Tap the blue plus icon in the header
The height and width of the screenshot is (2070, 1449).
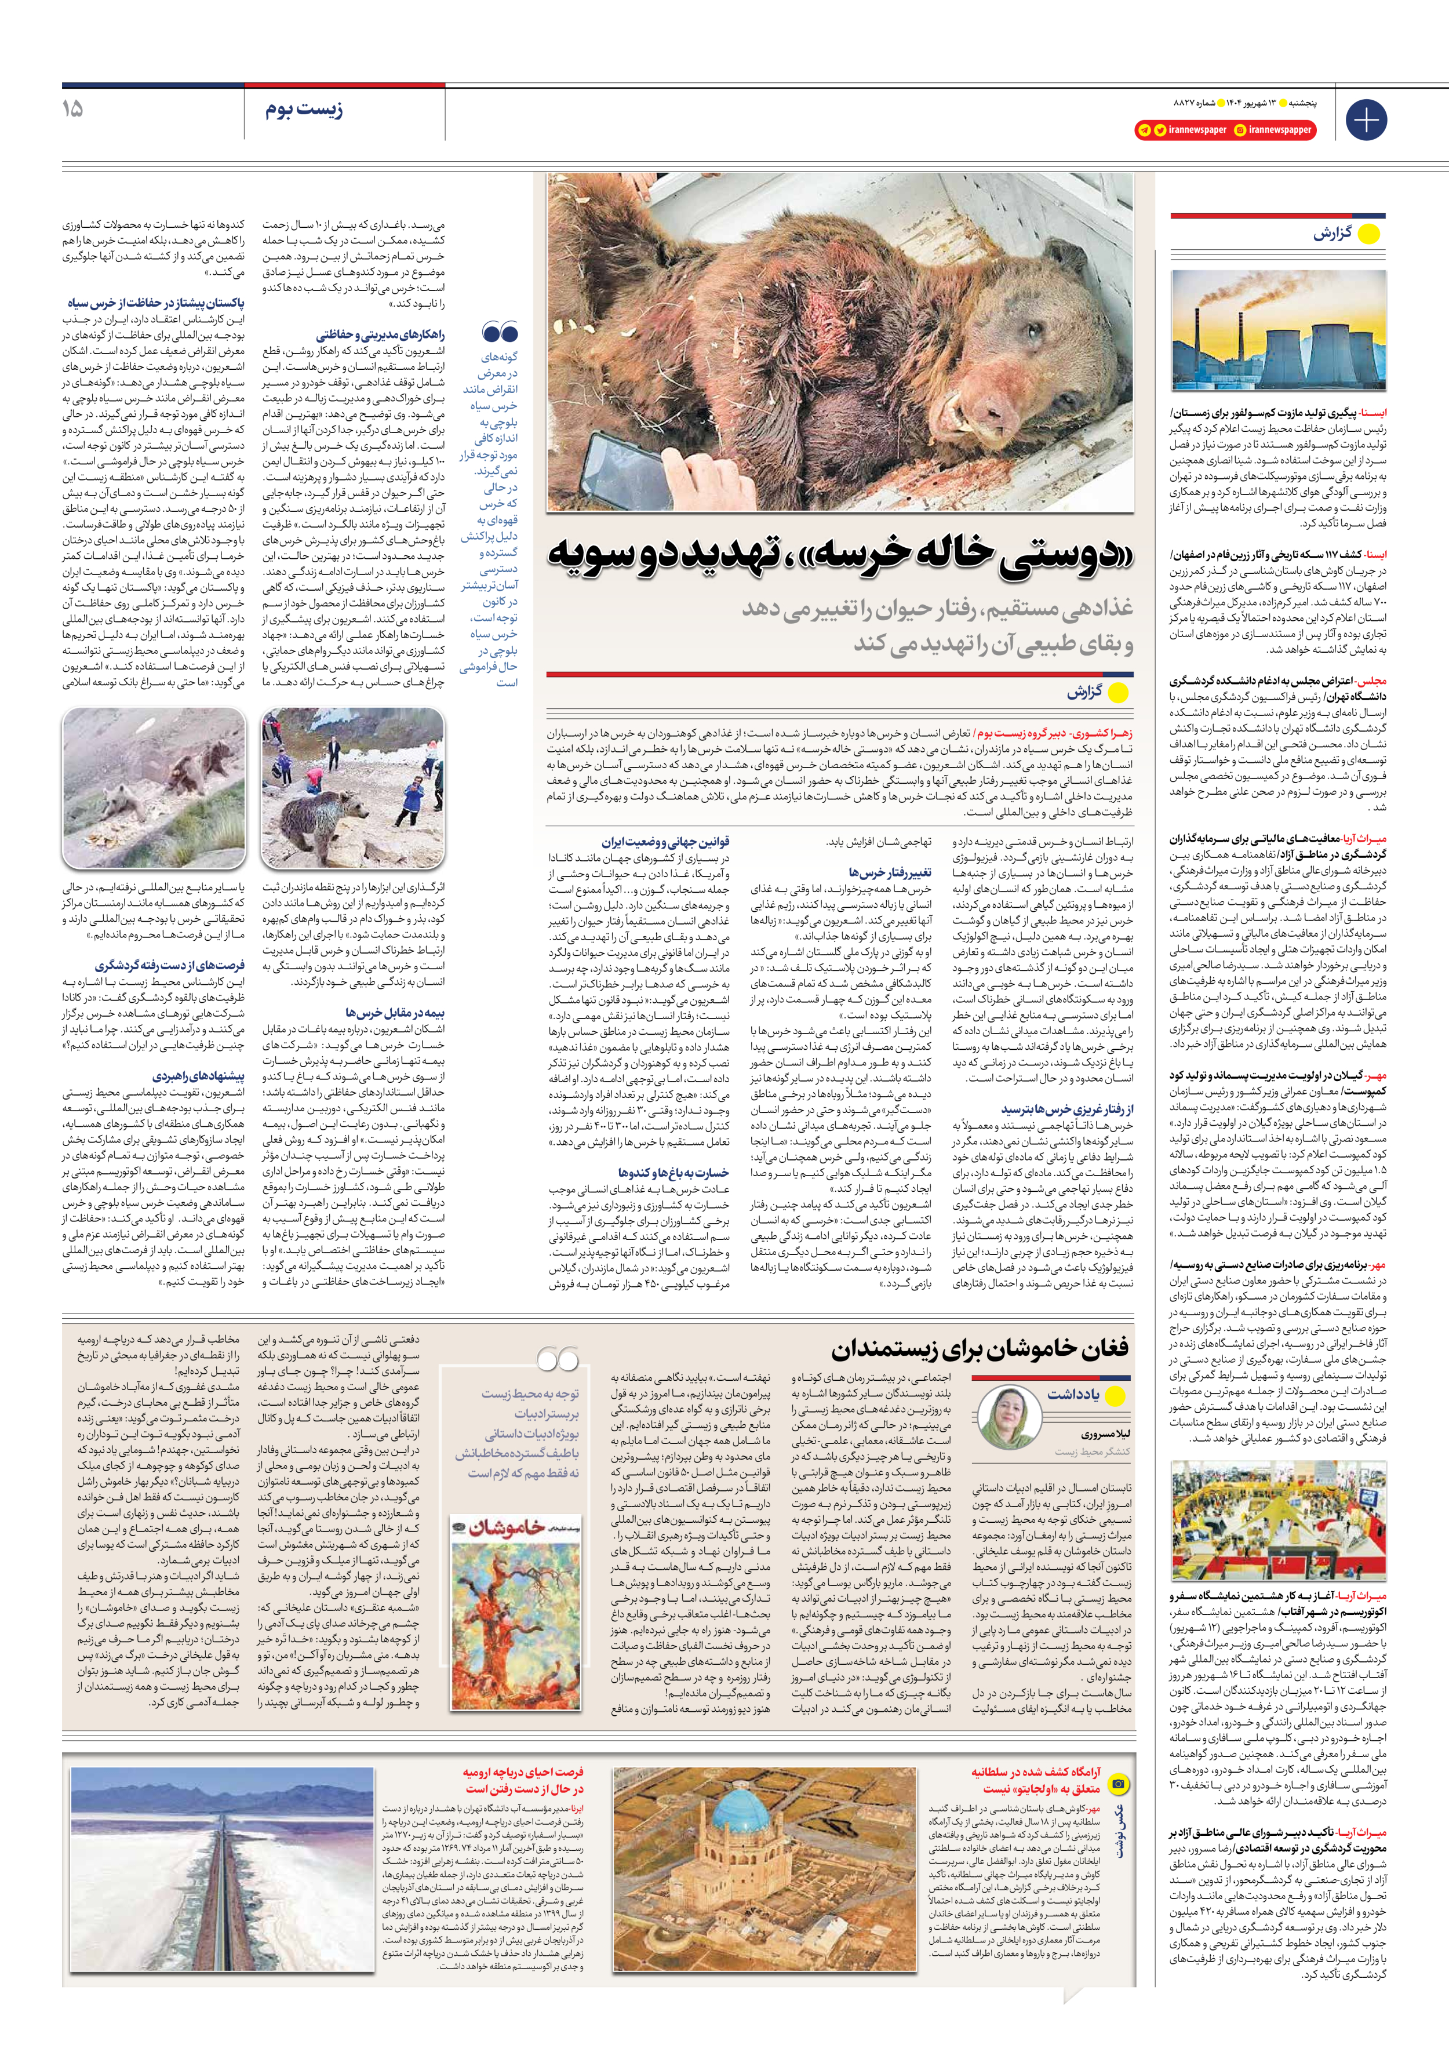tap(1365, 120)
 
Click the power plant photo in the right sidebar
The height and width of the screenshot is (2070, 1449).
tap(1277, 330)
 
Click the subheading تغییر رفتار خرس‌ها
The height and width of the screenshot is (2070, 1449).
tap(889, 872)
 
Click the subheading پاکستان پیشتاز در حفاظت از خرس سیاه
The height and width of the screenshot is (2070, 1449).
tap(155, 303)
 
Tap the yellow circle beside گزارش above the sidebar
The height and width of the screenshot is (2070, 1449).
tap(1368, 234)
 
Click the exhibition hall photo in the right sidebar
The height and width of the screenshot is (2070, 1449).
tap(1277, 1520)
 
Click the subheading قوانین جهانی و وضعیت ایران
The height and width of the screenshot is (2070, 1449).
tap(665, 841)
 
